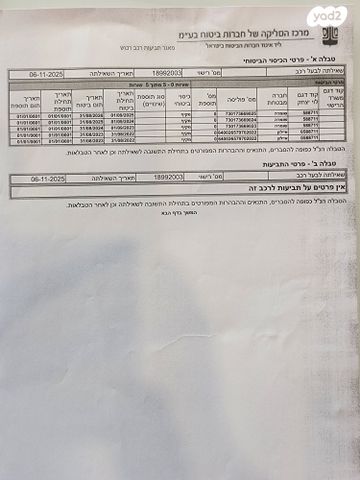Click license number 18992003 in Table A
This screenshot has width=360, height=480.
pos(168,74)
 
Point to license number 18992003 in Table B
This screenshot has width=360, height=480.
pos(168,177)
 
